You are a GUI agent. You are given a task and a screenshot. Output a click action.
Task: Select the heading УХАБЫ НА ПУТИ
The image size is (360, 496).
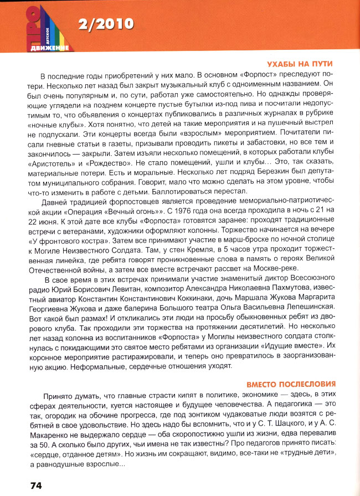click(304, 64)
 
